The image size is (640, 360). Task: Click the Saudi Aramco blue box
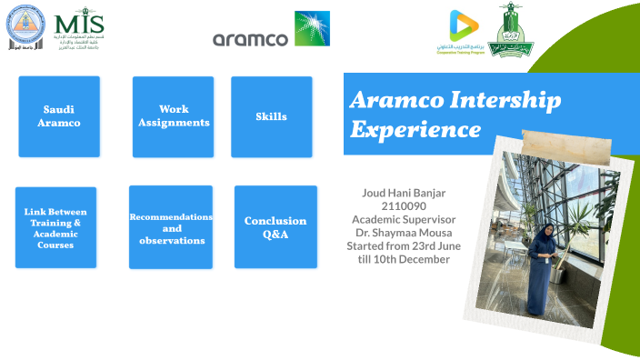coord(59,116)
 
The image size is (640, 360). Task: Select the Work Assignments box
coord(173,116)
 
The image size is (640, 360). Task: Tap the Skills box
coord(271,116)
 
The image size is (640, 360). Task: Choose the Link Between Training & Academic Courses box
coord(55,227)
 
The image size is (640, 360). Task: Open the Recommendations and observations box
coord(171,227)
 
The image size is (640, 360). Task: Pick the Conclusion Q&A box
coord(275,227)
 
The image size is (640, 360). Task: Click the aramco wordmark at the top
coord(249,39)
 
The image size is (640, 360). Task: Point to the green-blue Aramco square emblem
coord(312,28)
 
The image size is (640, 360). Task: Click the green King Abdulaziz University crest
coord(511,29)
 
